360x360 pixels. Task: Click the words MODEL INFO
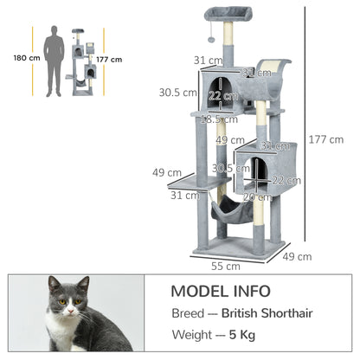pyautogui.click(x=220, y=291)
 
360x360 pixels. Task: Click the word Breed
pyautogui.click(x=189, y=312)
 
